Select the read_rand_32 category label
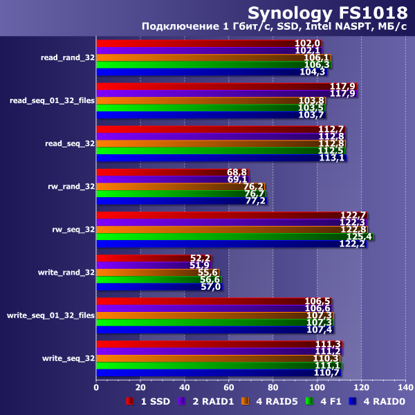click(68, 57)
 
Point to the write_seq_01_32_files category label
click(50, 315)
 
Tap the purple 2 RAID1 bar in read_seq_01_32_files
click(221, 93)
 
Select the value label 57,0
click(210, 286)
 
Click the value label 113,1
click(332, 157)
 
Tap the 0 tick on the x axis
click(96, 387)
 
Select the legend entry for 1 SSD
click(149, 401)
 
